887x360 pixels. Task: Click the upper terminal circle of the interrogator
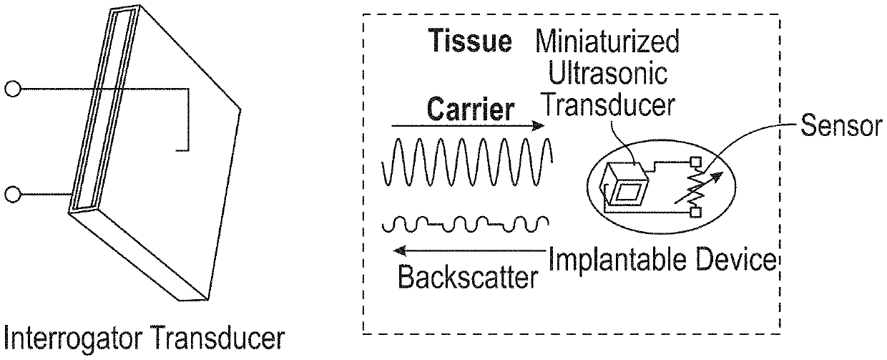coord(11,89)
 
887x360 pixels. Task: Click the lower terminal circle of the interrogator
coord(11,194)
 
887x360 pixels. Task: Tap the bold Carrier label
coord(471,110)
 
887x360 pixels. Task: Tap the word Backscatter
coord(467,277)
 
